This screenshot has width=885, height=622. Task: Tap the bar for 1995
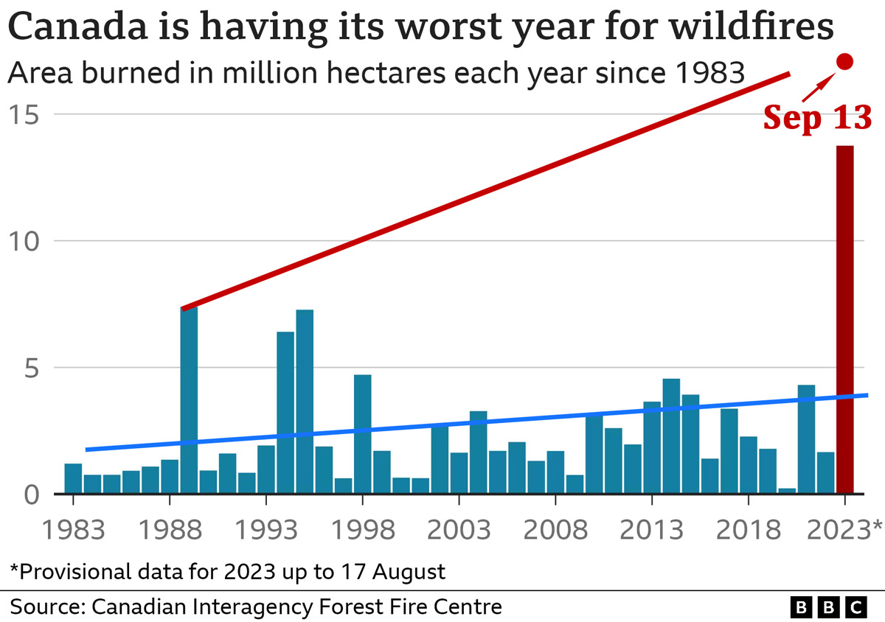[305, 402]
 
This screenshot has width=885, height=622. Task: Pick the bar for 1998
[362, 434]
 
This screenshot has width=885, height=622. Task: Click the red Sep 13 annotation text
[817, 116]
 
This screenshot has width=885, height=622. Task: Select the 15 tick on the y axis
[26, 114]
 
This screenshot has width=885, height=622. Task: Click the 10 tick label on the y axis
[26, 241]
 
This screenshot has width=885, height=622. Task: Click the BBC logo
[829, 607]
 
